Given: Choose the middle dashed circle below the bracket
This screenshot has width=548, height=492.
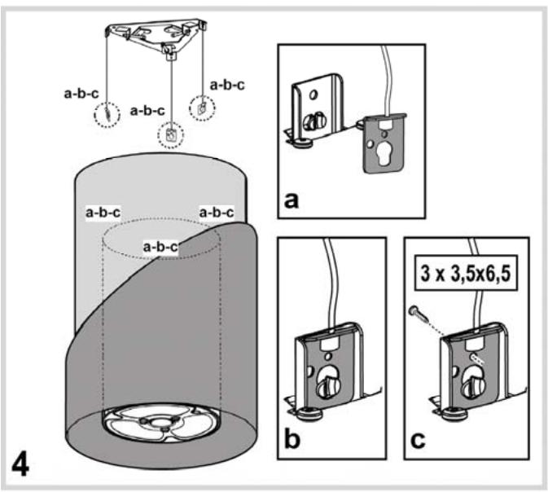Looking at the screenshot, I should [x=171, y=134].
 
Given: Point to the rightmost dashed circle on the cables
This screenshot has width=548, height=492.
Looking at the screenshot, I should [x=199, y=106].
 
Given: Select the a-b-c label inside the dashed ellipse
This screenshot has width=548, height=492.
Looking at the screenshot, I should [x=160, y=245].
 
